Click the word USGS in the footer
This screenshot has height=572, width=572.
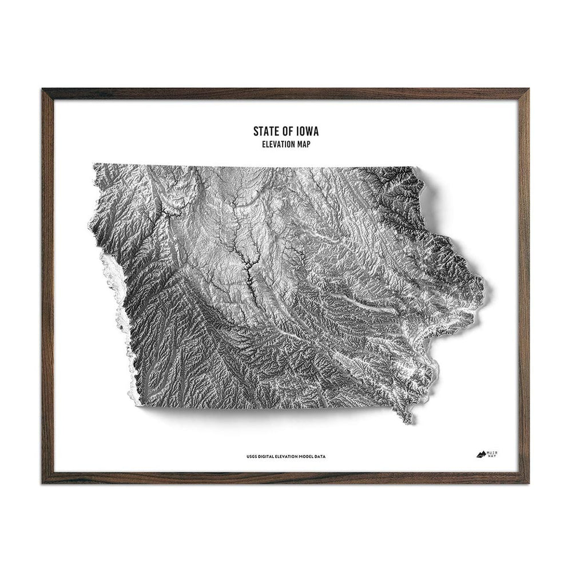tap(251, 456)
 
